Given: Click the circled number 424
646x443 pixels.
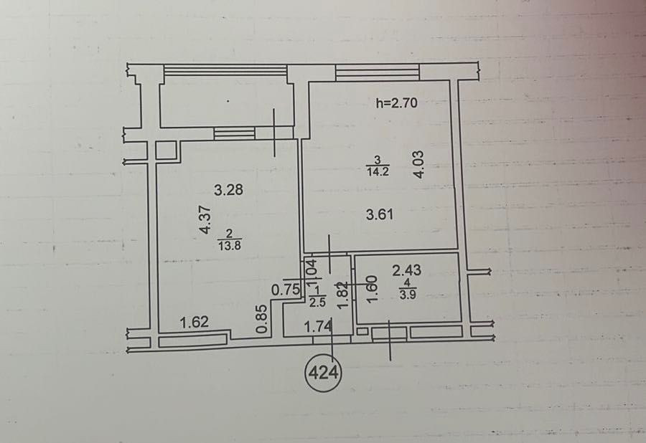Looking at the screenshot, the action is pos(324,373).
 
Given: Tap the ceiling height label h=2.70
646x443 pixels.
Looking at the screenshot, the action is pos(397,103).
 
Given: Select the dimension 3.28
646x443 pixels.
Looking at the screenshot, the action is pos(229,190).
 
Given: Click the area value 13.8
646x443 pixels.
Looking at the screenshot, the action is pos(230,246).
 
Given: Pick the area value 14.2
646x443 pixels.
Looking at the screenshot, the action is pos(378,171).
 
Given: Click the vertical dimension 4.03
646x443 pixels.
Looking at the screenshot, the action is pos(418,165).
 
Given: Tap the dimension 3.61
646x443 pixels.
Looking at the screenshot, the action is pos(380,215).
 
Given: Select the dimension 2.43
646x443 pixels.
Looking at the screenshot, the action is pos(407,270).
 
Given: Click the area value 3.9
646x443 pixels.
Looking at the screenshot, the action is pos(407,295).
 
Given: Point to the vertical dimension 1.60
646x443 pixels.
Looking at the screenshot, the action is pos(372,289).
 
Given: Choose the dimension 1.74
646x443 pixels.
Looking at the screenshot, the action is pos(318,327).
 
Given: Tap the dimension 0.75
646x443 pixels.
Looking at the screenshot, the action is pos(286,290).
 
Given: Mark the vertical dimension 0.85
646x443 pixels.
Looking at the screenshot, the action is pos(261,319).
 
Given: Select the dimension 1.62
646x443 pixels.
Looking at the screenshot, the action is pos(195,322).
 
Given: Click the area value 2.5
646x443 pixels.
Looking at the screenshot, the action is pos(317,303).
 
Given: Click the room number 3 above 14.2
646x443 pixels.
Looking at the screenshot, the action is pos(377,160).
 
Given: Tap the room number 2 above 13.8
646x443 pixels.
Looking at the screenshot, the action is pos(230,234).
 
